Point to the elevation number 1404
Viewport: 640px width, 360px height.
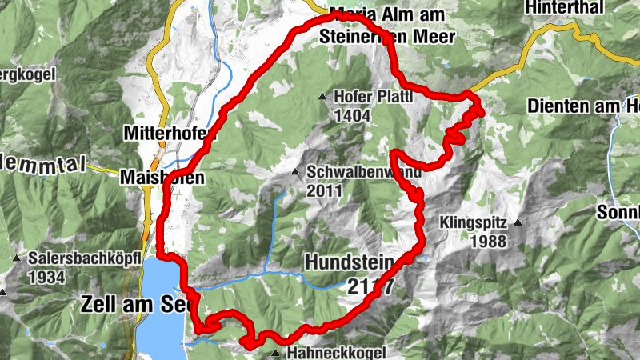pyautogui.click(x=353, y=115)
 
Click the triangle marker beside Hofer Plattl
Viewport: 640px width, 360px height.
pyautogui.click(x=322, y=97)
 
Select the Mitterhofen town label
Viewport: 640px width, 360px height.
pyautogui.click(x=166, y=133)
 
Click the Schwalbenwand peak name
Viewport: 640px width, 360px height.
pyautogui.click(x=358, y=172)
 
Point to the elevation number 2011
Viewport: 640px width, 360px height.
pyautogui.click(x=323, y=190)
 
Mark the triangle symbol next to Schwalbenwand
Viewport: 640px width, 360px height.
pyautogui.click(x=295, y=172)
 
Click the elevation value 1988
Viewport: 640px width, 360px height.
pyautogui.click(x=488, y=241)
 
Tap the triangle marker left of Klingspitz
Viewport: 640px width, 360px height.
pyautogui.click(x=518, y=223)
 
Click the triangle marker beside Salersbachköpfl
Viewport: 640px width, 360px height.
pyautogui.click(x=17, y=258)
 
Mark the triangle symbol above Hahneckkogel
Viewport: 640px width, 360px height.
pyautogui.click(x=276, y=353)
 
